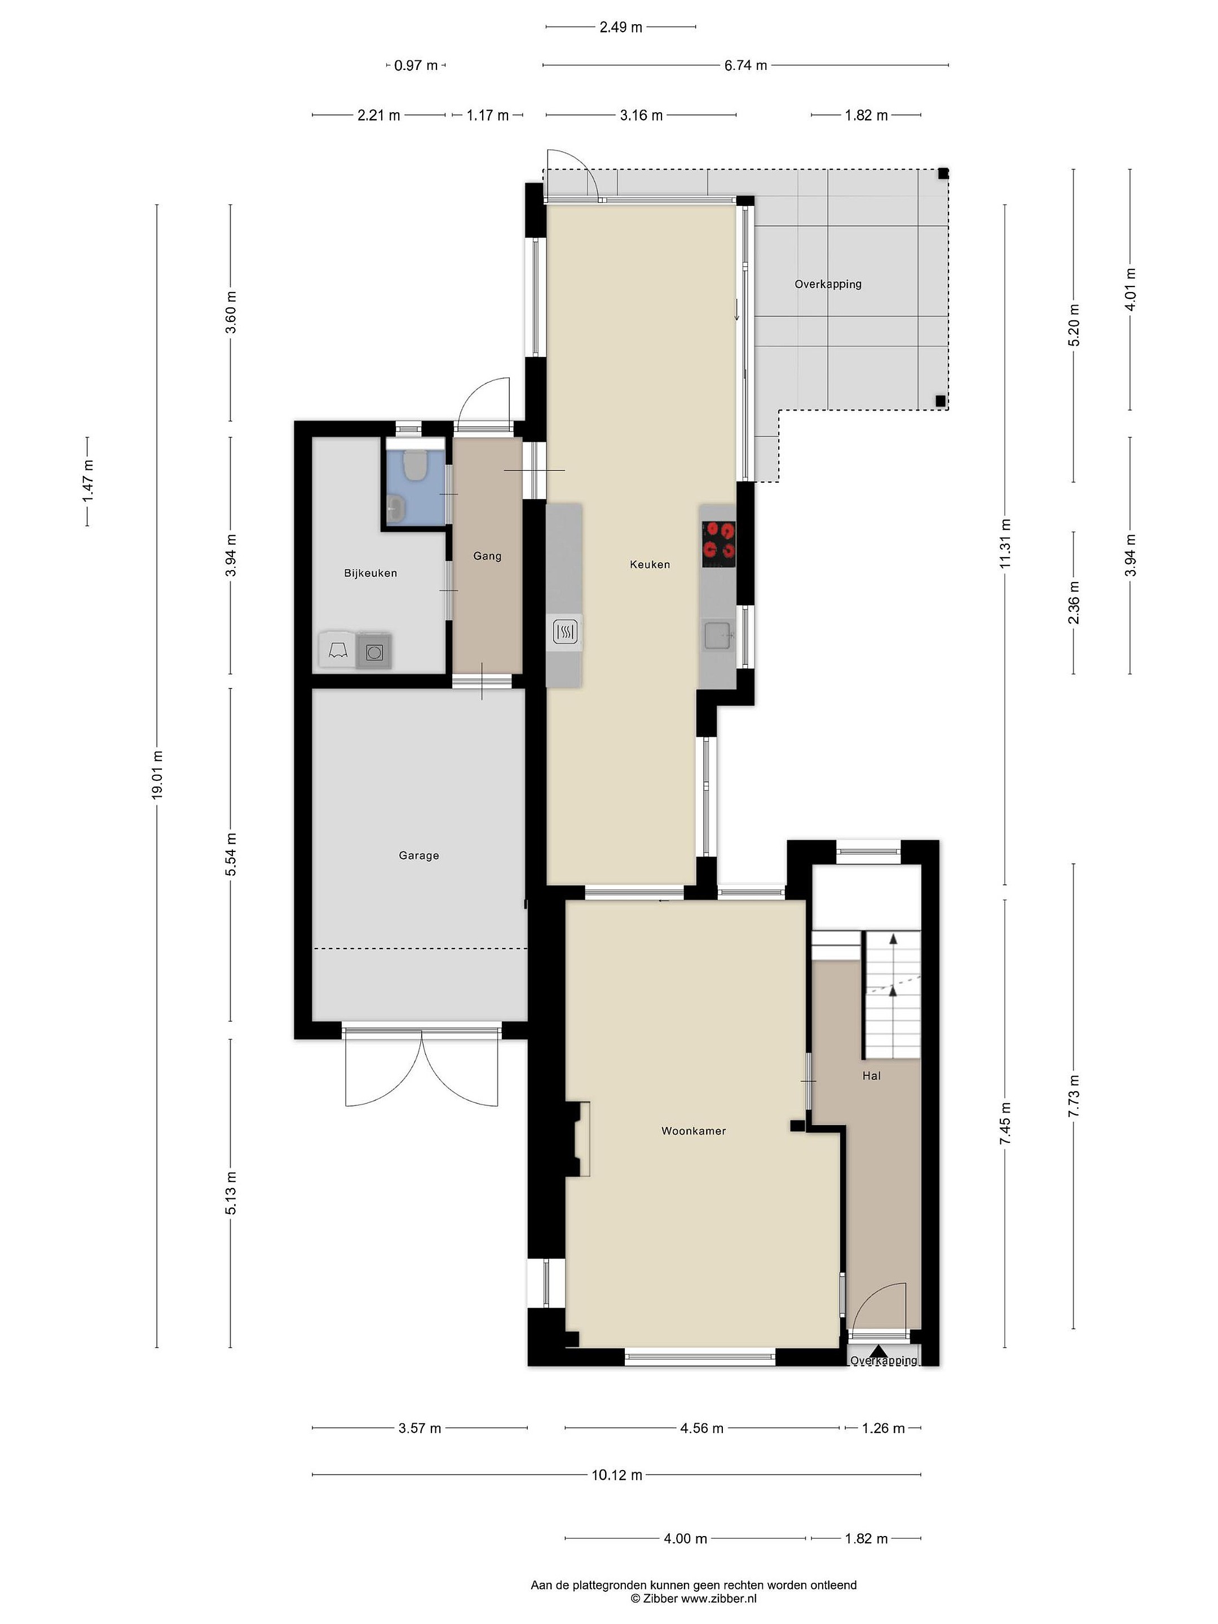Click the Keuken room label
click(650, 564)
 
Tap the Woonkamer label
click(693, 1131)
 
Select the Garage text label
click(418, 855)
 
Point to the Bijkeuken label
click(371, 573)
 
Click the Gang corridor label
click(487, 557)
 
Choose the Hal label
click(871, 1075)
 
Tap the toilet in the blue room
click(415, 465)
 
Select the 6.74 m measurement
click(745, 65)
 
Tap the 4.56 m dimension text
click(701, 1428)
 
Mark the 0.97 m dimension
click(416, 65)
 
